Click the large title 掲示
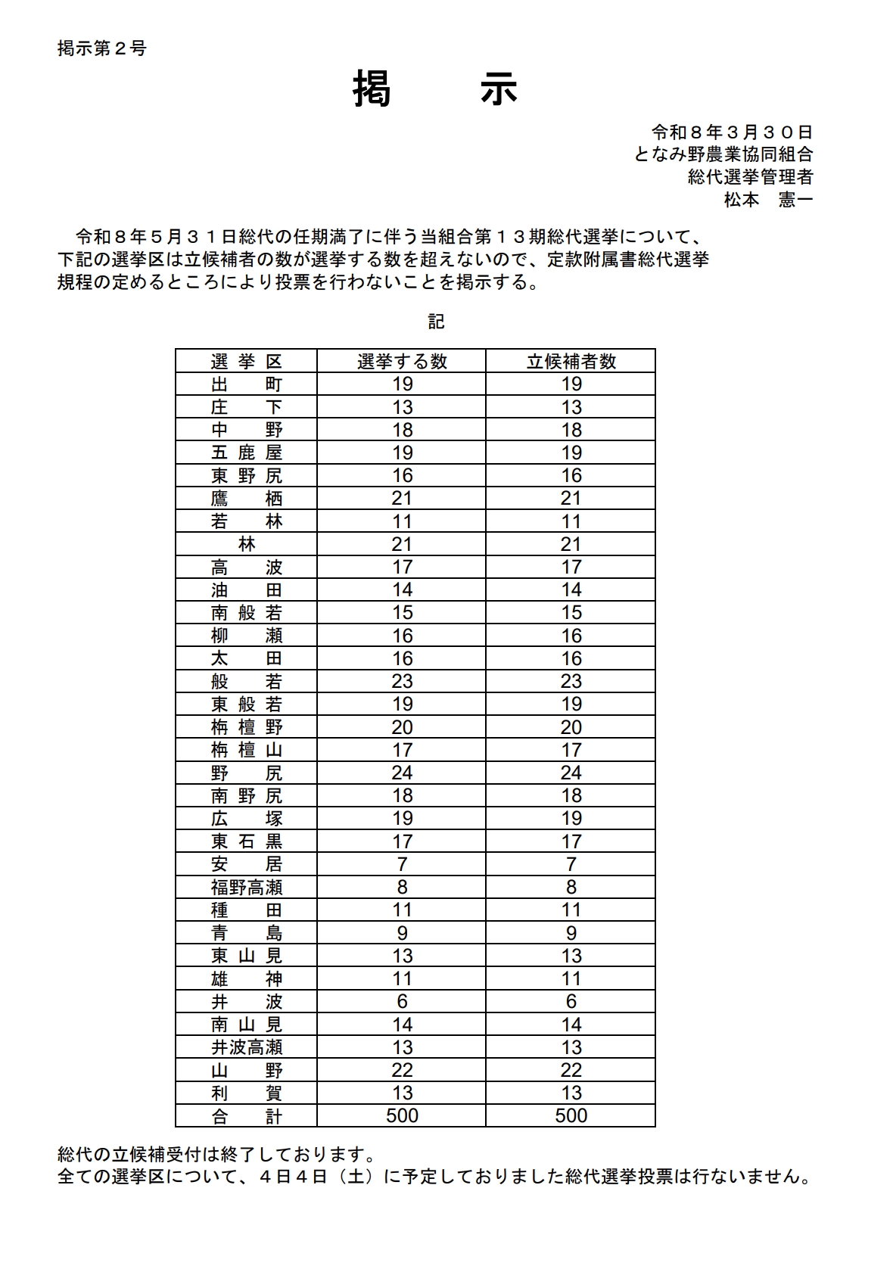435,89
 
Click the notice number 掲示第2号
102,48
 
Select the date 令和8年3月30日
732,132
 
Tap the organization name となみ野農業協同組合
723,154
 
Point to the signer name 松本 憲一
767,200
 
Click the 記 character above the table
436,322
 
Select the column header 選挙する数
402,361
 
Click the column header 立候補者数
571,361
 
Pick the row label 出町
247,384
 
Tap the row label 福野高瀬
247,887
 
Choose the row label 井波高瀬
247,1047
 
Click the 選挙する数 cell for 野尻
402,773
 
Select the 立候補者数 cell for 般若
571,681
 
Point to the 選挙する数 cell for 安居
402,864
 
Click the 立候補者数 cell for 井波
571,1001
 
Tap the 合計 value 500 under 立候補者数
571,1115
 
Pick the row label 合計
247,1115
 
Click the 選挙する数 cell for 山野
402,1070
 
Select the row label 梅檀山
247,750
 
